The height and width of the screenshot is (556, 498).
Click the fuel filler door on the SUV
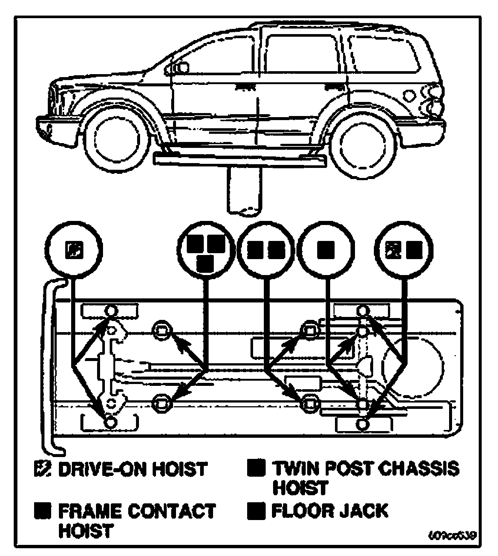coord(410,95)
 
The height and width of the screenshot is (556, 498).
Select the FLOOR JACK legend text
coord(330,511)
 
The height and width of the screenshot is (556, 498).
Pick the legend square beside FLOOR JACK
coord(256,511)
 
